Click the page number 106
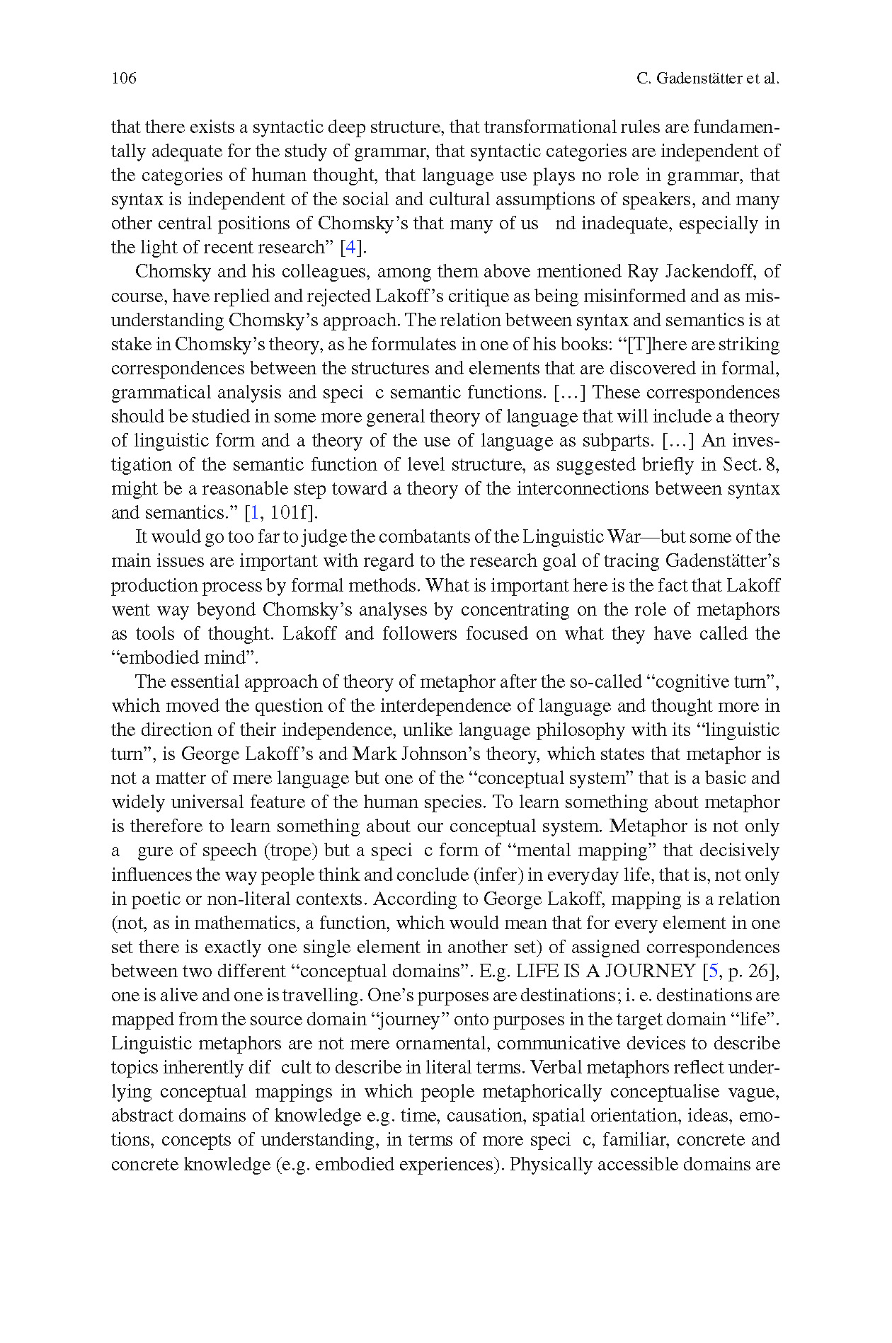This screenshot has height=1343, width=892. point(124,79)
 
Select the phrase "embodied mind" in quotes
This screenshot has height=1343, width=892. point(185,658)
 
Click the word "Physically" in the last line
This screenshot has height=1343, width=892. point(550,1164)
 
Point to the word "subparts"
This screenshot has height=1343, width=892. point(617,441)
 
